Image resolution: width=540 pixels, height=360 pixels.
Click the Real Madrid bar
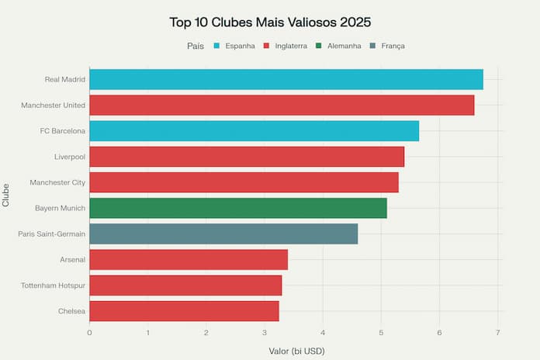click(x=286, y=79)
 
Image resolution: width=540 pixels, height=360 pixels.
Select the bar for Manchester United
click(x=282, y=105)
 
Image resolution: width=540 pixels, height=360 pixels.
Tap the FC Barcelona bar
click(x=254, y=131)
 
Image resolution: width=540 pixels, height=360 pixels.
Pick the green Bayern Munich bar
click(x=237, y=208)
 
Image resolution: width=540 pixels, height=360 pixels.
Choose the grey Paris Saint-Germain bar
click(x=223, y=234)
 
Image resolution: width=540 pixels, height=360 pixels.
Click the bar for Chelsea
click(x=184, y=310)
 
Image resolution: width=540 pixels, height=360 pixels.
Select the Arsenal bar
click(x=189, y=259)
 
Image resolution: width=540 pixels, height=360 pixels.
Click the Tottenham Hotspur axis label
click(x=53, y=286)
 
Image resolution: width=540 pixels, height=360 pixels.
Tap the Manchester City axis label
click(x=57, y=182)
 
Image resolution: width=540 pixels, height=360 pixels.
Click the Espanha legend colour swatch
click(x=216, y=46)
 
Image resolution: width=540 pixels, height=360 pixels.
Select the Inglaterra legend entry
click(x=284, y=46)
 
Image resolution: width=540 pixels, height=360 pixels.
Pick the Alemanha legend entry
click(x=339, y=46)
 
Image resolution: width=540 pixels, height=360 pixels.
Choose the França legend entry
click(x=387, y=46)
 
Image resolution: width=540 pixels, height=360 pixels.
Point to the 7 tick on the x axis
click(x=498, y=333)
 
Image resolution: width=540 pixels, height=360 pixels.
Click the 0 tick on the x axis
click(x=89, y=333)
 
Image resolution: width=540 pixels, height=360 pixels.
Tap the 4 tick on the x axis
click(x=323, y=333)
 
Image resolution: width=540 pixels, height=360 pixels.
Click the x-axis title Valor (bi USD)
click(x=296, y=351)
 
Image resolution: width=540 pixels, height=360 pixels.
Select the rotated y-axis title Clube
click(x=6, y=195)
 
